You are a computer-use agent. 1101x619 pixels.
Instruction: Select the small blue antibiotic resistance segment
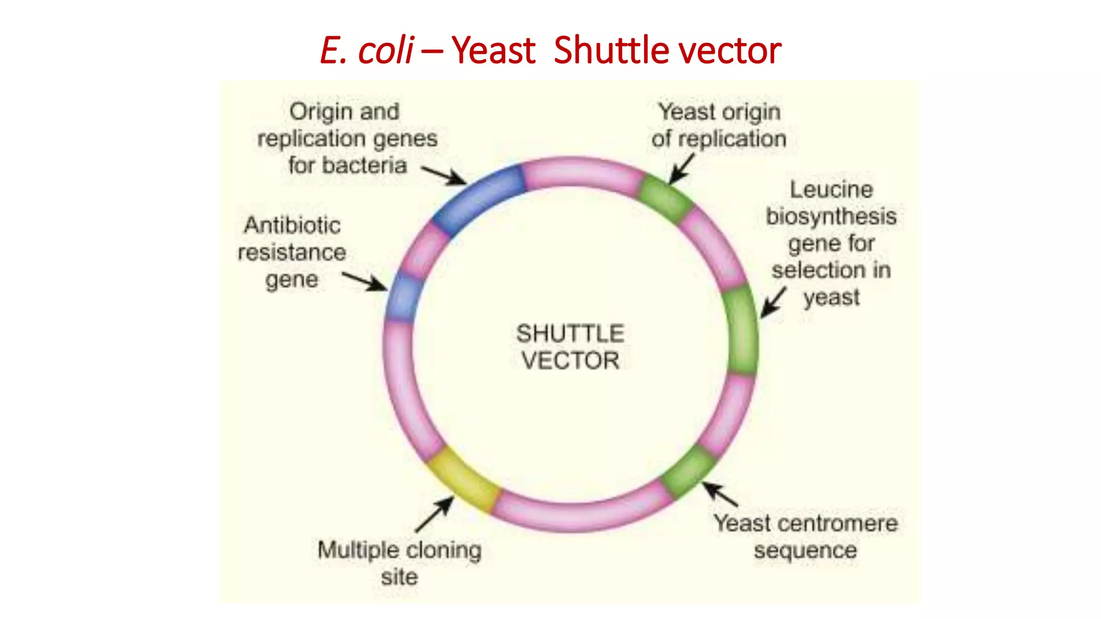click(x=402, y=298)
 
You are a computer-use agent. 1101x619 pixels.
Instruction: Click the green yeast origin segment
click(x=664, y=198)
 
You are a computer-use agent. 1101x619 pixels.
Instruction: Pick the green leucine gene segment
click(x=741, y=330)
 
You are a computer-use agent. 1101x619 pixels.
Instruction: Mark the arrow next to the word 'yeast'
click(x=773, y=302)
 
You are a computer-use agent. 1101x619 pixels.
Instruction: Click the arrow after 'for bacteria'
click(x=444, y=175)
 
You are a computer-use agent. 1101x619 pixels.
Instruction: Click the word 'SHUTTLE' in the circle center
click(x=570, y=334)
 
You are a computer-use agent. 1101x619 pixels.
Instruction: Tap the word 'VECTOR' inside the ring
click(x=570, y=361)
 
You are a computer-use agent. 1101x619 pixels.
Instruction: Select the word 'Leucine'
click(x=831, y=190)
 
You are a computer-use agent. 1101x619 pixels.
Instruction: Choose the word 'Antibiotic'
click(x=292, y=225)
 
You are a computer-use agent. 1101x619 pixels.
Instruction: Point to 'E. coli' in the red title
click(x=367, y=51)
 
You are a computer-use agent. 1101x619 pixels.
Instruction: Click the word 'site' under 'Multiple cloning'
click(x=399, y=577)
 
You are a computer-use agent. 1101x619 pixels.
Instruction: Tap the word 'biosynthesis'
click(x=831, y=217)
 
